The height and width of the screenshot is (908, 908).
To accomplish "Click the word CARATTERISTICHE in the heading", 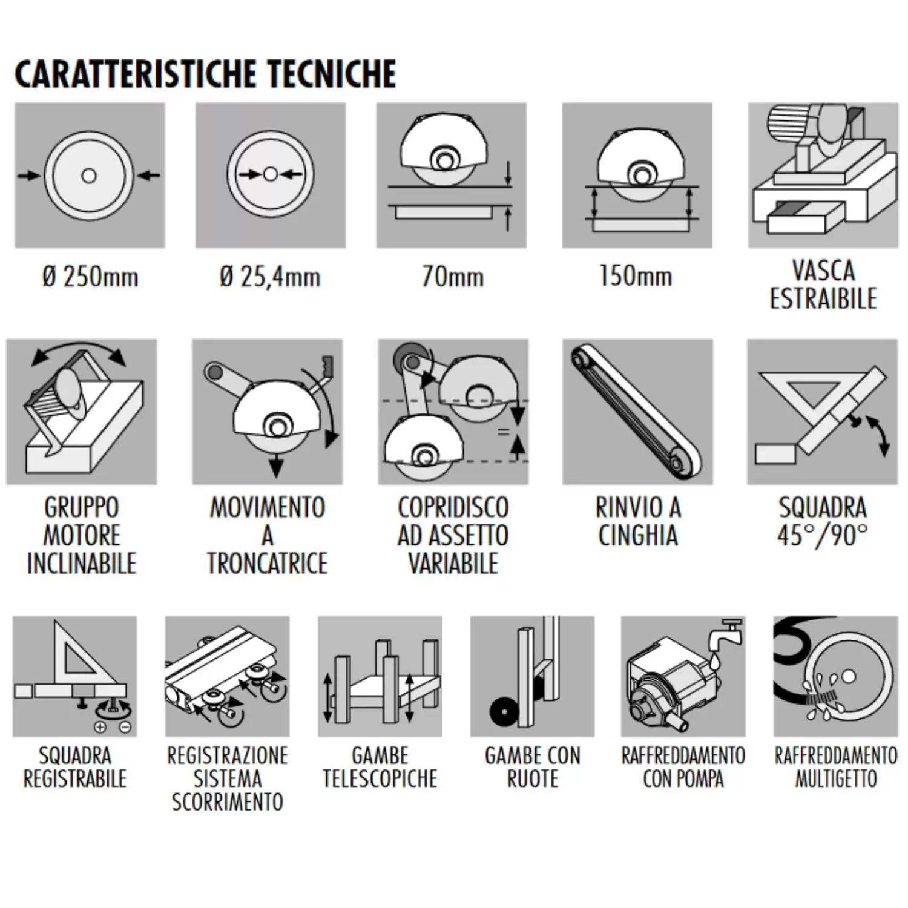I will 137,74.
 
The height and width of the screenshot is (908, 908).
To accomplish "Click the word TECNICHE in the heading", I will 332,74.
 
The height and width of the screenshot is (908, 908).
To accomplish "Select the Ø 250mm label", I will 90,277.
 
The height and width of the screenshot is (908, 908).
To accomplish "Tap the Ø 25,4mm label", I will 270,277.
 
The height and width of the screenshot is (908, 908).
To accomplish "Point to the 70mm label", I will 452,277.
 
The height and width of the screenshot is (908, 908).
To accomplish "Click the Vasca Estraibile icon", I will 823,175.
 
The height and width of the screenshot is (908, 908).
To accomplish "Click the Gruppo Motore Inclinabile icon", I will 82,412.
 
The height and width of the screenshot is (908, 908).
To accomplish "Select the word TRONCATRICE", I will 267,564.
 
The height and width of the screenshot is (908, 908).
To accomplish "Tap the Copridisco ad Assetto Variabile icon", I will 453,412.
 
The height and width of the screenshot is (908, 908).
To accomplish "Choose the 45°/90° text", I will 822,536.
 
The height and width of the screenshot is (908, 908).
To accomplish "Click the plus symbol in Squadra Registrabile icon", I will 100,727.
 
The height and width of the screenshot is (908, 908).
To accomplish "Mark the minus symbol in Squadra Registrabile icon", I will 125,727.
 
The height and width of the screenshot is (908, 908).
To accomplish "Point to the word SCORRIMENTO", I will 227,802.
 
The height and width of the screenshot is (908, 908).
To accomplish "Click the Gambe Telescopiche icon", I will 380,676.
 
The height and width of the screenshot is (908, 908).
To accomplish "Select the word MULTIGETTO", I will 835,779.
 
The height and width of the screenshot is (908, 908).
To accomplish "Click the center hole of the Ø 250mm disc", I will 89,176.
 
